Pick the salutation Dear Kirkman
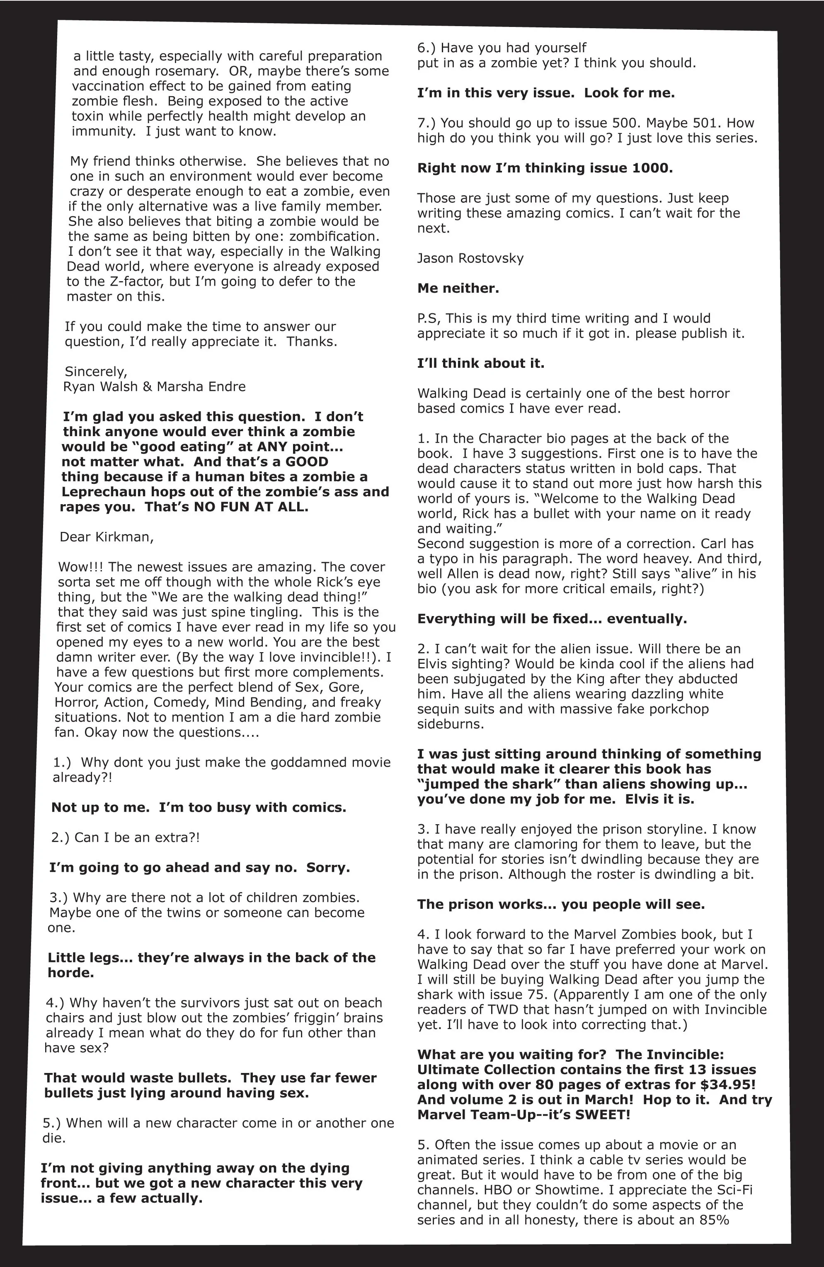click(x=107, y=536)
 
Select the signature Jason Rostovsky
click(x=470, y=258)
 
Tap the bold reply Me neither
click(x=458, y=289)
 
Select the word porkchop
click(x=676, y=709)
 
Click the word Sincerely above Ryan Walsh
click(x=95, y=371)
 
